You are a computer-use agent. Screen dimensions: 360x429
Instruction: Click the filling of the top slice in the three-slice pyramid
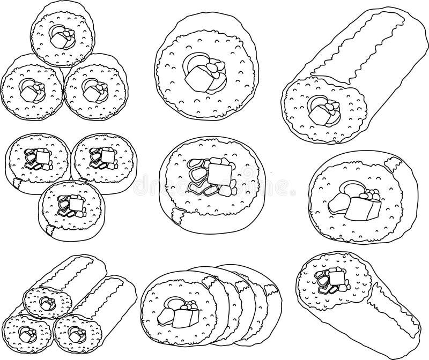61,36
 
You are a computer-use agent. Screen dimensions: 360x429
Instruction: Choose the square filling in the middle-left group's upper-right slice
109,155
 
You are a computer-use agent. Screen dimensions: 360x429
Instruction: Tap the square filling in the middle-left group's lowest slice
76,205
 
